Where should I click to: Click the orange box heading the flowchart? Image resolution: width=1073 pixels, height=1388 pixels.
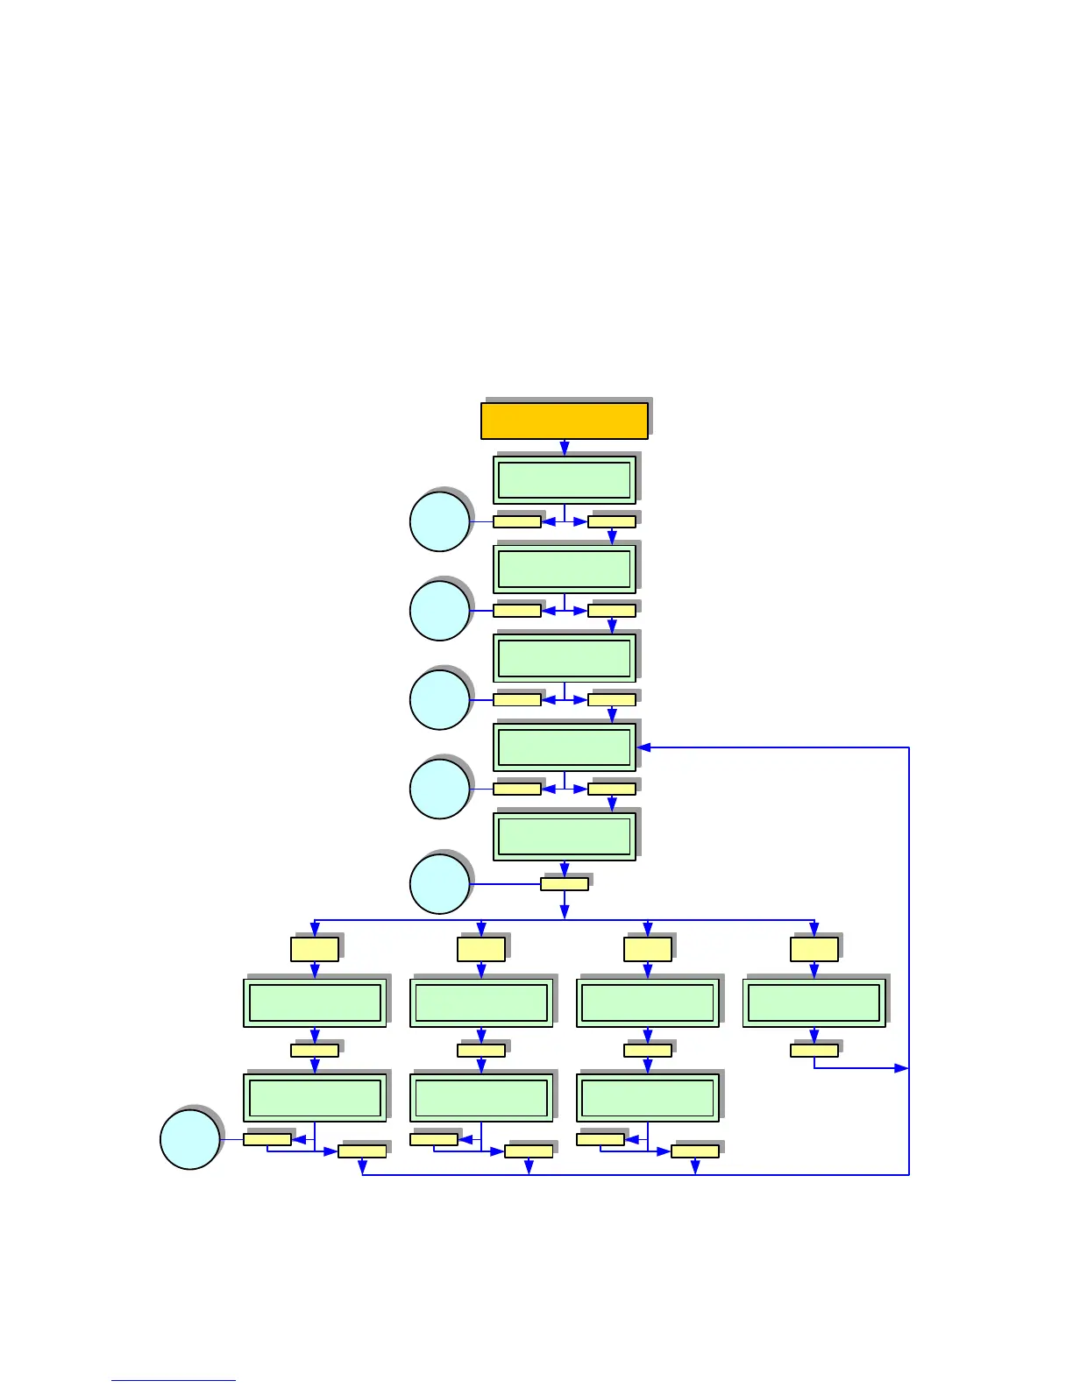coord(565,421)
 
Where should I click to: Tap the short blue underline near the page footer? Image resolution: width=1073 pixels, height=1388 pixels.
coord(173,1380)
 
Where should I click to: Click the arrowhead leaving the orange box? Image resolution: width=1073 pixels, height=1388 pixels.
coord(565,449)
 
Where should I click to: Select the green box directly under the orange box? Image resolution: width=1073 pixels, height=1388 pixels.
coord(565,480)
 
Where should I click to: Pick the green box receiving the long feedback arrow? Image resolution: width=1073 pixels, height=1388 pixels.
coord(565,747)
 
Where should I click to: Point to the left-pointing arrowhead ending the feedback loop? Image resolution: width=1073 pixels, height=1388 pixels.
coord(644,747)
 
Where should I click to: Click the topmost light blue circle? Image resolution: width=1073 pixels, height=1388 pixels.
coord(440,522)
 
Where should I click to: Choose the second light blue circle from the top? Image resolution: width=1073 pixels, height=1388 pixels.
coord(440,611)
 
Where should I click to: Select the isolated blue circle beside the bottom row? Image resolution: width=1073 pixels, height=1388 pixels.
coord(190,1139)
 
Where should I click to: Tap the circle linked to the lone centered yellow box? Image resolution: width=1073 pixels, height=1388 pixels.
coord(440,884)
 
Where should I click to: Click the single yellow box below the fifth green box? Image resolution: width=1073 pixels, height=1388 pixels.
coord(565,884)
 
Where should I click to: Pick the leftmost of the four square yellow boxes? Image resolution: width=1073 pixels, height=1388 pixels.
coord(315,949)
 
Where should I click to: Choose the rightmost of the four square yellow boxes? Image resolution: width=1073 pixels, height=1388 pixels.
coord(814,949)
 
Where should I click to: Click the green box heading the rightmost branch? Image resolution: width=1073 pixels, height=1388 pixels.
coord(814,1002)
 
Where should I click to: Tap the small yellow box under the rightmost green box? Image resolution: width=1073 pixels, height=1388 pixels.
coord(814,1050)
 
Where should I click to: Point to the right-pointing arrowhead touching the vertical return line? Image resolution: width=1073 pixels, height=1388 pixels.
coord(901,1068)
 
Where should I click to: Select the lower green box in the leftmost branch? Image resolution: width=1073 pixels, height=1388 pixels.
coord(315,1097)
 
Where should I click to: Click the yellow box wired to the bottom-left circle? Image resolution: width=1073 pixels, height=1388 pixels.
coord(267,1139)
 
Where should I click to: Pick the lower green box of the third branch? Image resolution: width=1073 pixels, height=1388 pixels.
coord(648,1097)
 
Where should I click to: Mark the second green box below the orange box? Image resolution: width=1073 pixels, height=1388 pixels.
coord(565,570)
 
